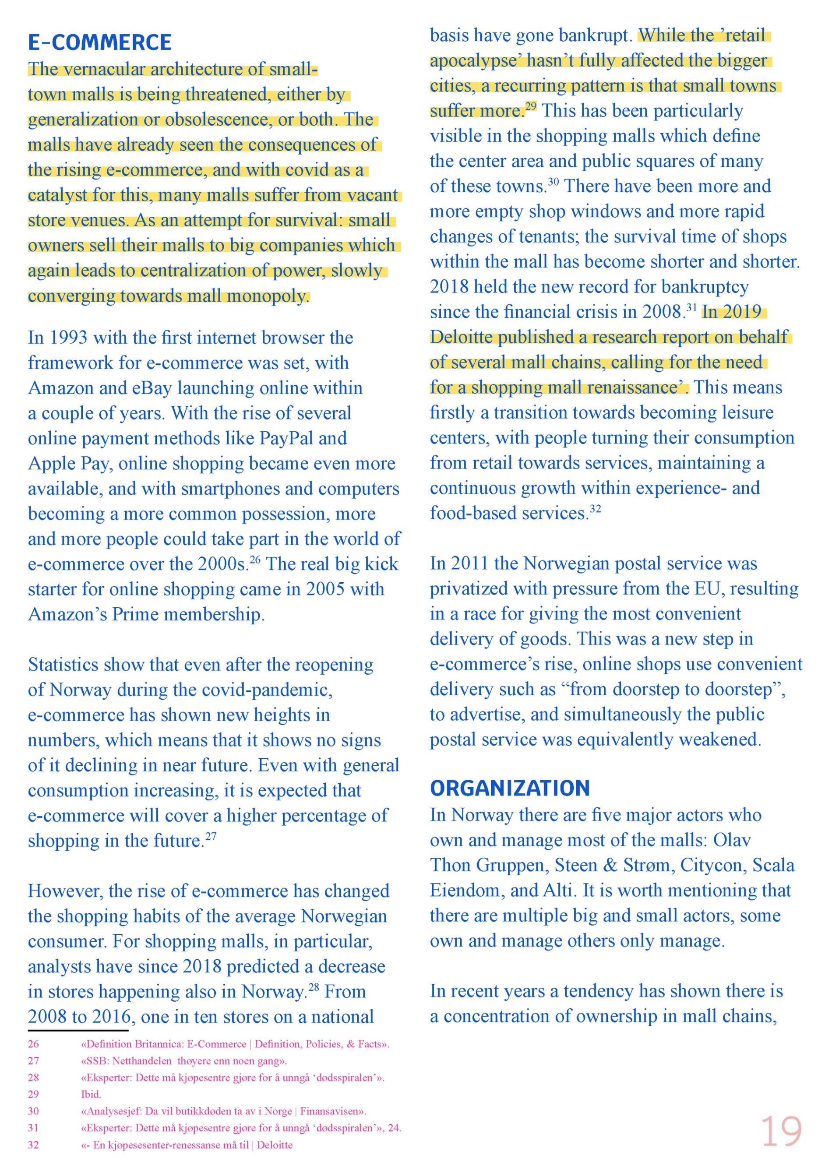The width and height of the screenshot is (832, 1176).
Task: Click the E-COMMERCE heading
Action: coord(99,42)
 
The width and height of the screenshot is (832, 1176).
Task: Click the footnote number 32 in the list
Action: coord(33,1145)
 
